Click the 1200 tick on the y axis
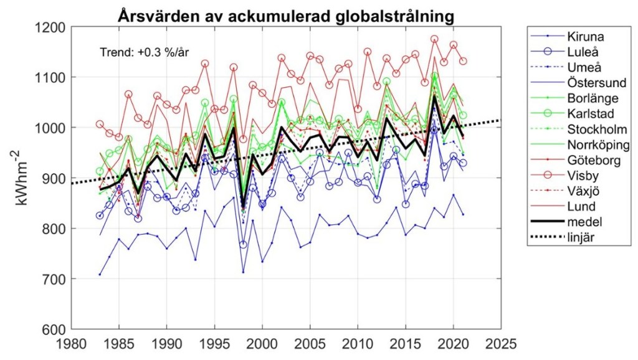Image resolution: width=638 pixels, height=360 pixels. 52,27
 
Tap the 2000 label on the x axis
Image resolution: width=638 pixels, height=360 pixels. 262,343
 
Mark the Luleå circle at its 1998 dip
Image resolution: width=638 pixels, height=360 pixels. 243,245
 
